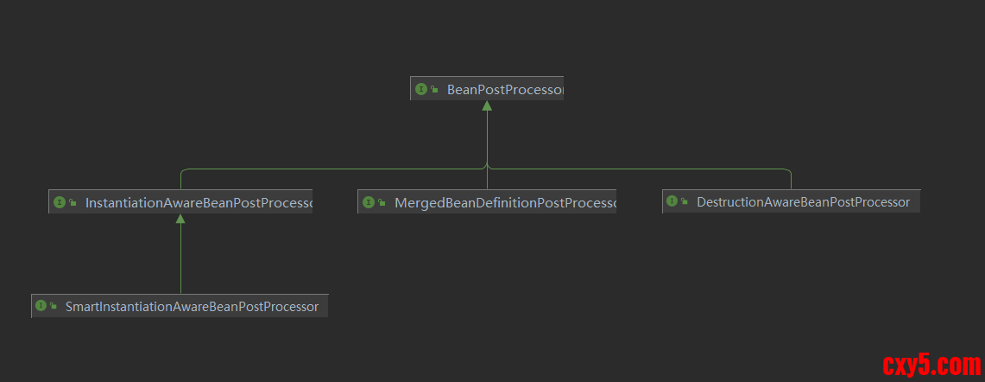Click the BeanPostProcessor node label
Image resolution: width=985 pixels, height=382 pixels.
(504, 89)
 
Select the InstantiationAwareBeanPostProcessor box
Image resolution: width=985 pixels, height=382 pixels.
(180, 203)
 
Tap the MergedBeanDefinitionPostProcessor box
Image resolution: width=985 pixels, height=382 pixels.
(487, 203)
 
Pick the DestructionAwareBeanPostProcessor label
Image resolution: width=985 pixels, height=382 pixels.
(803, 202)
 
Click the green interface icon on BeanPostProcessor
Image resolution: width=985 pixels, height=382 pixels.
(421, 89)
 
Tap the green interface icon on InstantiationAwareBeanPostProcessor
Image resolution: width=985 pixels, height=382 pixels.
(60, 203)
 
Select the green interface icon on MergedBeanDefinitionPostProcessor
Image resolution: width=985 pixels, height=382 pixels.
(369, 203)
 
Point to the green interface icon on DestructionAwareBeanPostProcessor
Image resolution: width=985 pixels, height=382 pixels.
(672, 202)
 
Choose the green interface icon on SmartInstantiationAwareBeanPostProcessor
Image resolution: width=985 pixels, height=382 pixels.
(41, 306)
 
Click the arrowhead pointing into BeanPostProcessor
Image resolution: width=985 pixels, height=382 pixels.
(487, 105)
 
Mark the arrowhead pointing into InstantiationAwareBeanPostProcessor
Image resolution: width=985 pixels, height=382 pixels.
(180, 220)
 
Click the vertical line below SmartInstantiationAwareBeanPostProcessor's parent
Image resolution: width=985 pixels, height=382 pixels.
(180, 259)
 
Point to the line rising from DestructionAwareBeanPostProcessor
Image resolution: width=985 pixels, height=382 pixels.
(791, 179)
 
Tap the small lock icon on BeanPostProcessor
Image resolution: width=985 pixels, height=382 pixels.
(434, 90)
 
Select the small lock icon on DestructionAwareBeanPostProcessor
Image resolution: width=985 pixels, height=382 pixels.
(685, 203)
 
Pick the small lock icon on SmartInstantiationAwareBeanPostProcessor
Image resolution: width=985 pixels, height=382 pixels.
(54, 307)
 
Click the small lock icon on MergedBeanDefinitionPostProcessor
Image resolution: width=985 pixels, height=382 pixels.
(382, 204)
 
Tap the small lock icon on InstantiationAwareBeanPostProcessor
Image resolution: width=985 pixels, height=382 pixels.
(73, 204)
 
